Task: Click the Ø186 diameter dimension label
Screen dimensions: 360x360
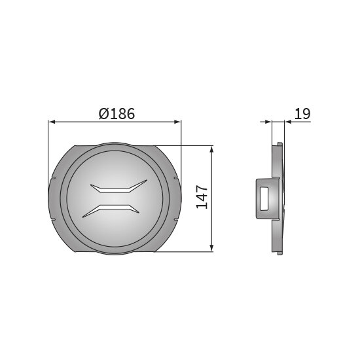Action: point(117,114)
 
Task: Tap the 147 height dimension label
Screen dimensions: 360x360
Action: point(202,198)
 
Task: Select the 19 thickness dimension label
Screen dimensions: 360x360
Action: point(302,113)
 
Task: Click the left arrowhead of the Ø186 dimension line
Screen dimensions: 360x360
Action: point(52,122)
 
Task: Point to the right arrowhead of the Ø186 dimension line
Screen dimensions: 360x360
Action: point(177,122)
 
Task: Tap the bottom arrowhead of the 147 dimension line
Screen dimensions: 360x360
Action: point(211,248)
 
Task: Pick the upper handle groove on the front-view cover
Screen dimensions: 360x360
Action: point(118,187)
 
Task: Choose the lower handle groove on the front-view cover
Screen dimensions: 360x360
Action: point(111,211)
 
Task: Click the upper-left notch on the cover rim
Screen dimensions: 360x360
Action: point(53,178)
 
